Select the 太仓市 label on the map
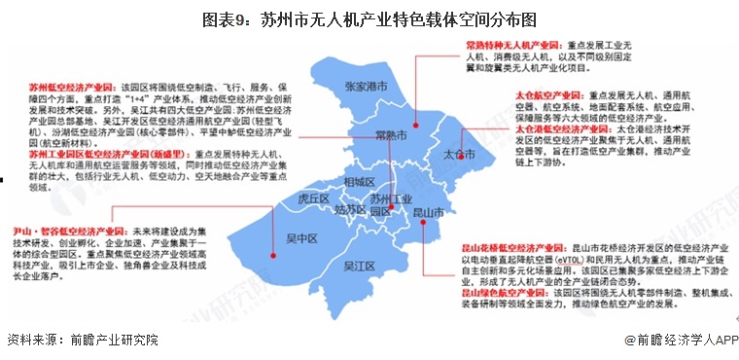(458, 156)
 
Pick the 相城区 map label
(359, 182)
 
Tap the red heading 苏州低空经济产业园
(64, 87)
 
